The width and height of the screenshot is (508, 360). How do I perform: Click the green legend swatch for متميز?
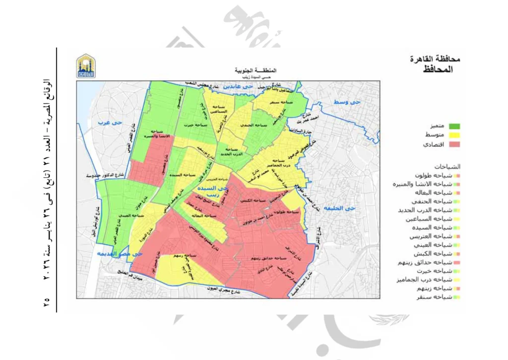(454, 126)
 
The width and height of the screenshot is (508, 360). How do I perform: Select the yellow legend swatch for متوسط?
(454, 135)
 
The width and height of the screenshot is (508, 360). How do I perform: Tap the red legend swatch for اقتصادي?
(454, 144)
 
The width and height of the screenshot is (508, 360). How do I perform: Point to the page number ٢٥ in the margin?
(47, 301)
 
